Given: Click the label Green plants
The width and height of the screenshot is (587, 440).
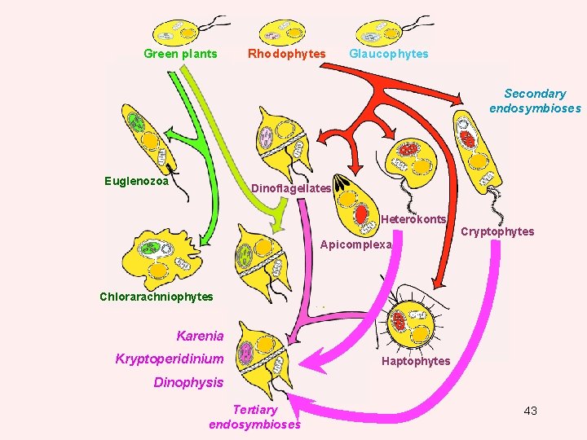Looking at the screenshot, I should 180,54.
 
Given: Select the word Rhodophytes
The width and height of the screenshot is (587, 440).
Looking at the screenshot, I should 286,54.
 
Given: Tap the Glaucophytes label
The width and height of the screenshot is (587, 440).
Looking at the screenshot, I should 388,54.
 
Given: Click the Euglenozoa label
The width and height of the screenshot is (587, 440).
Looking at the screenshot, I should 136,181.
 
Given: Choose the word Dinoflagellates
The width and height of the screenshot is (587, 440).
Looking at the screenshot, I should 290,188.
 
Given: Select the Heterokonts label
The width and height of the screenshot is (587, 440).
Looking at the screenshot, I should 413,219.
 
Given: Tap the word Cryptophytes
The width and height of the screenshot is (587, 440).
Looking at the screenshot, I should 497,231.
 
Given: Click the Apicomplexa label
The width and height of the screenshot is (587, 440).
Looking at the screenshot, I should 356,244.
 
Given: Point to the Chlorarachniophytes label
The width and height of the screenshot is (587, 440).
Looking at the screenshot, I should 156,297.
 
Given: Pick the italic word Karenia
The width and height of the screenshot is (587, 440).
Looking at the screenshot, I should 200,335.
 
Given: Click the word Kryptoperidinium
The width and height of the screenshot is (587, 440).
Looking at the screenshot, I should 169,359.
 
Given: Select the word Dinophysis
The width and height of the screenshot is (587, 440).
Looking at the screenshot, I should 188,381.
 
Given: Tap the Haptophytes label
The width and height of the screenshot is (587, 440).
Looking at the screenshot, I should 416,361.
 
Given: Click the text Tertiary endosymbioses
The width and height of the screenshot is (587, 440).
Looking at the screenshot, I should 254,416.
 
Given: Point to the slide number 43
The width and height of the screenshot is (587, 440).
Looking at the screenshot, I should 530,411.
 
